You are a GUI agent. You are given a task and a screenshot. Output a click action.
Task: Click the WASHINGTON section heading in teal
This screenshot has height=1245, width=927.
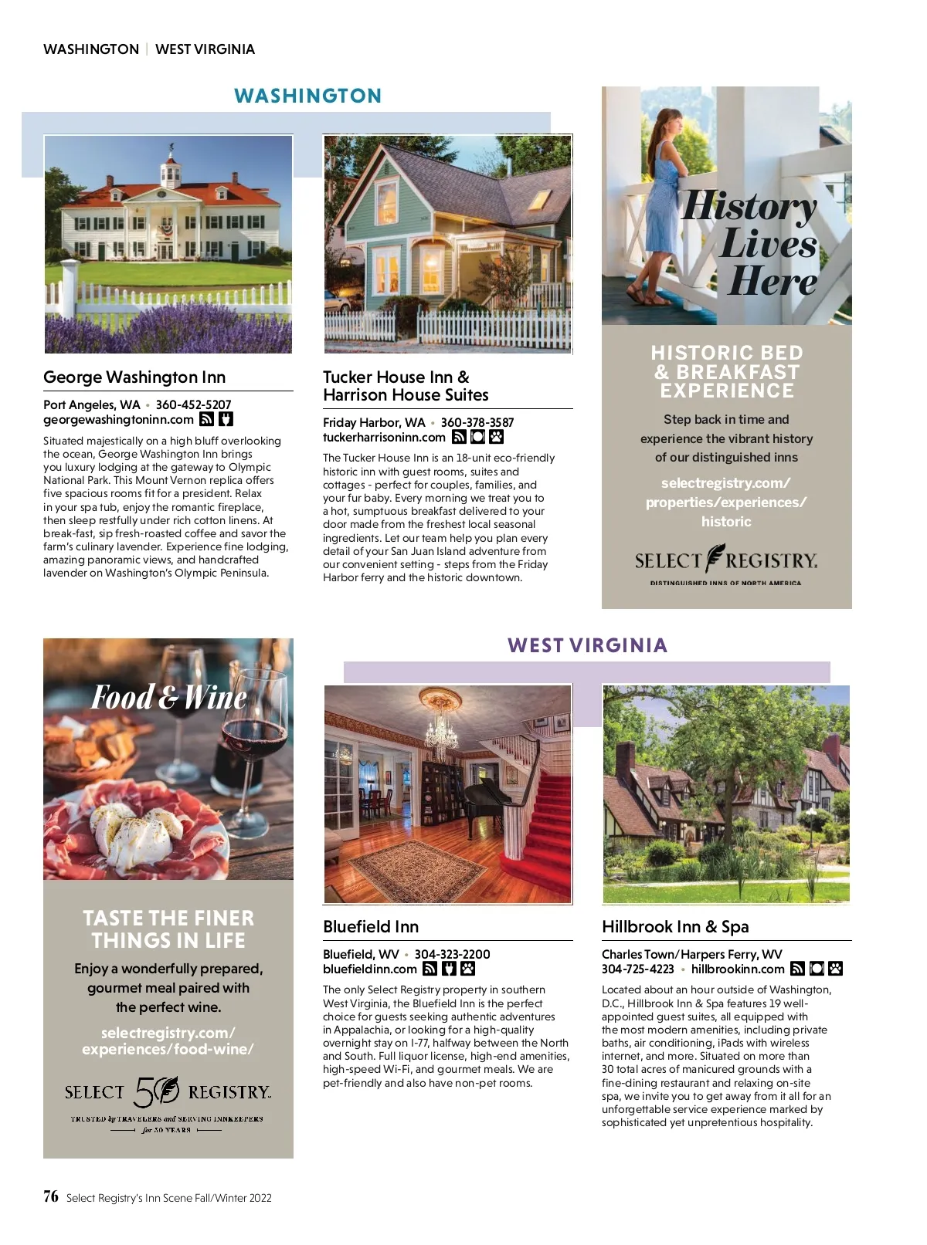[307, 96]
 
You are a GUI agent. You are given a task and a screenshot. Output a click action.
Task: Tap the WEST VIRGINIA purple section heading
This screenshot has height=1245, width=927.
[587, 645]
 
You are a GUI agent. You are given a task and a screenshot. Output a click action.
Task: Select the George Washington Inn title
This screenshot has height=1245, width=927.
[134, 377]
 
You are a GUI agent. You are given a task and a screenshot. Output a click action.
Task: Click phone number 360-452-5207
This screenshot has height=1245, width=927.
[193, 404]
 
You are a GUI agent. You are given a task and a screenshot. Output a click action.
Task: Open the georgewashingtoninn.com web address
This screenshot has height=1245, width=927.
[118, 420]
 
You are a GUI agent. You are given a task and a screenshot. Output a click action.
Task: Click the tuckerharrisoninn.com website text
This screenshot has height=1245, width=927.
[384, 438]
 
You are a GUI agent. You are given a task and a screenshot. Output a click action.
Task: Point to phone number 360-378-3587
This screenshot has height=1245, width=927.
[477, 422]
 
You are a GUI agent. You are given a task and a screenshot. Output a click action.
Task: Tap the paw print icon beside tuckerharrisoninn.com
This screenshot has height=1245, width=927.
[497, 438]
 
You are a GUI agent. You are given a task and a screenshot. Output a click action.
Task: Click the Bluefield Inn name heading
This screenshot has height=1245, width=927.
[371, 927]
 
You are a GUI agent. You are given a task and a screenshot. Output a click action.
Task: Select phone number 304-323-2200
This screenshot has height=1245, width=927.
[452, 954]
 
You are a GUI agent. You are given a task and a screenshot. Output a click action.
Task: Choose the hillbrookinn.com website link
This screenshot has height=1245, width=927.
[738, 969]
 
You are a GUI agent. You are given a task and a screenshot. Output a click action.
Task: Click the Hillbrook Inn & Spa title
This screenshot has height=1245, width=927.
[675, 927]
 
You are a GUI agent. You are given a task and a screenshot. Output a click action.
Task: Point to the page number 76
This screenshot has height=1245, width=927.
[51, 1196]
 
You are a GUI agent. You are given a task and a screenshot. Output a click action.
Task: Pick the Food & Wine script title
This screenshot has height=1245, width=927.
[169, 698]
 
